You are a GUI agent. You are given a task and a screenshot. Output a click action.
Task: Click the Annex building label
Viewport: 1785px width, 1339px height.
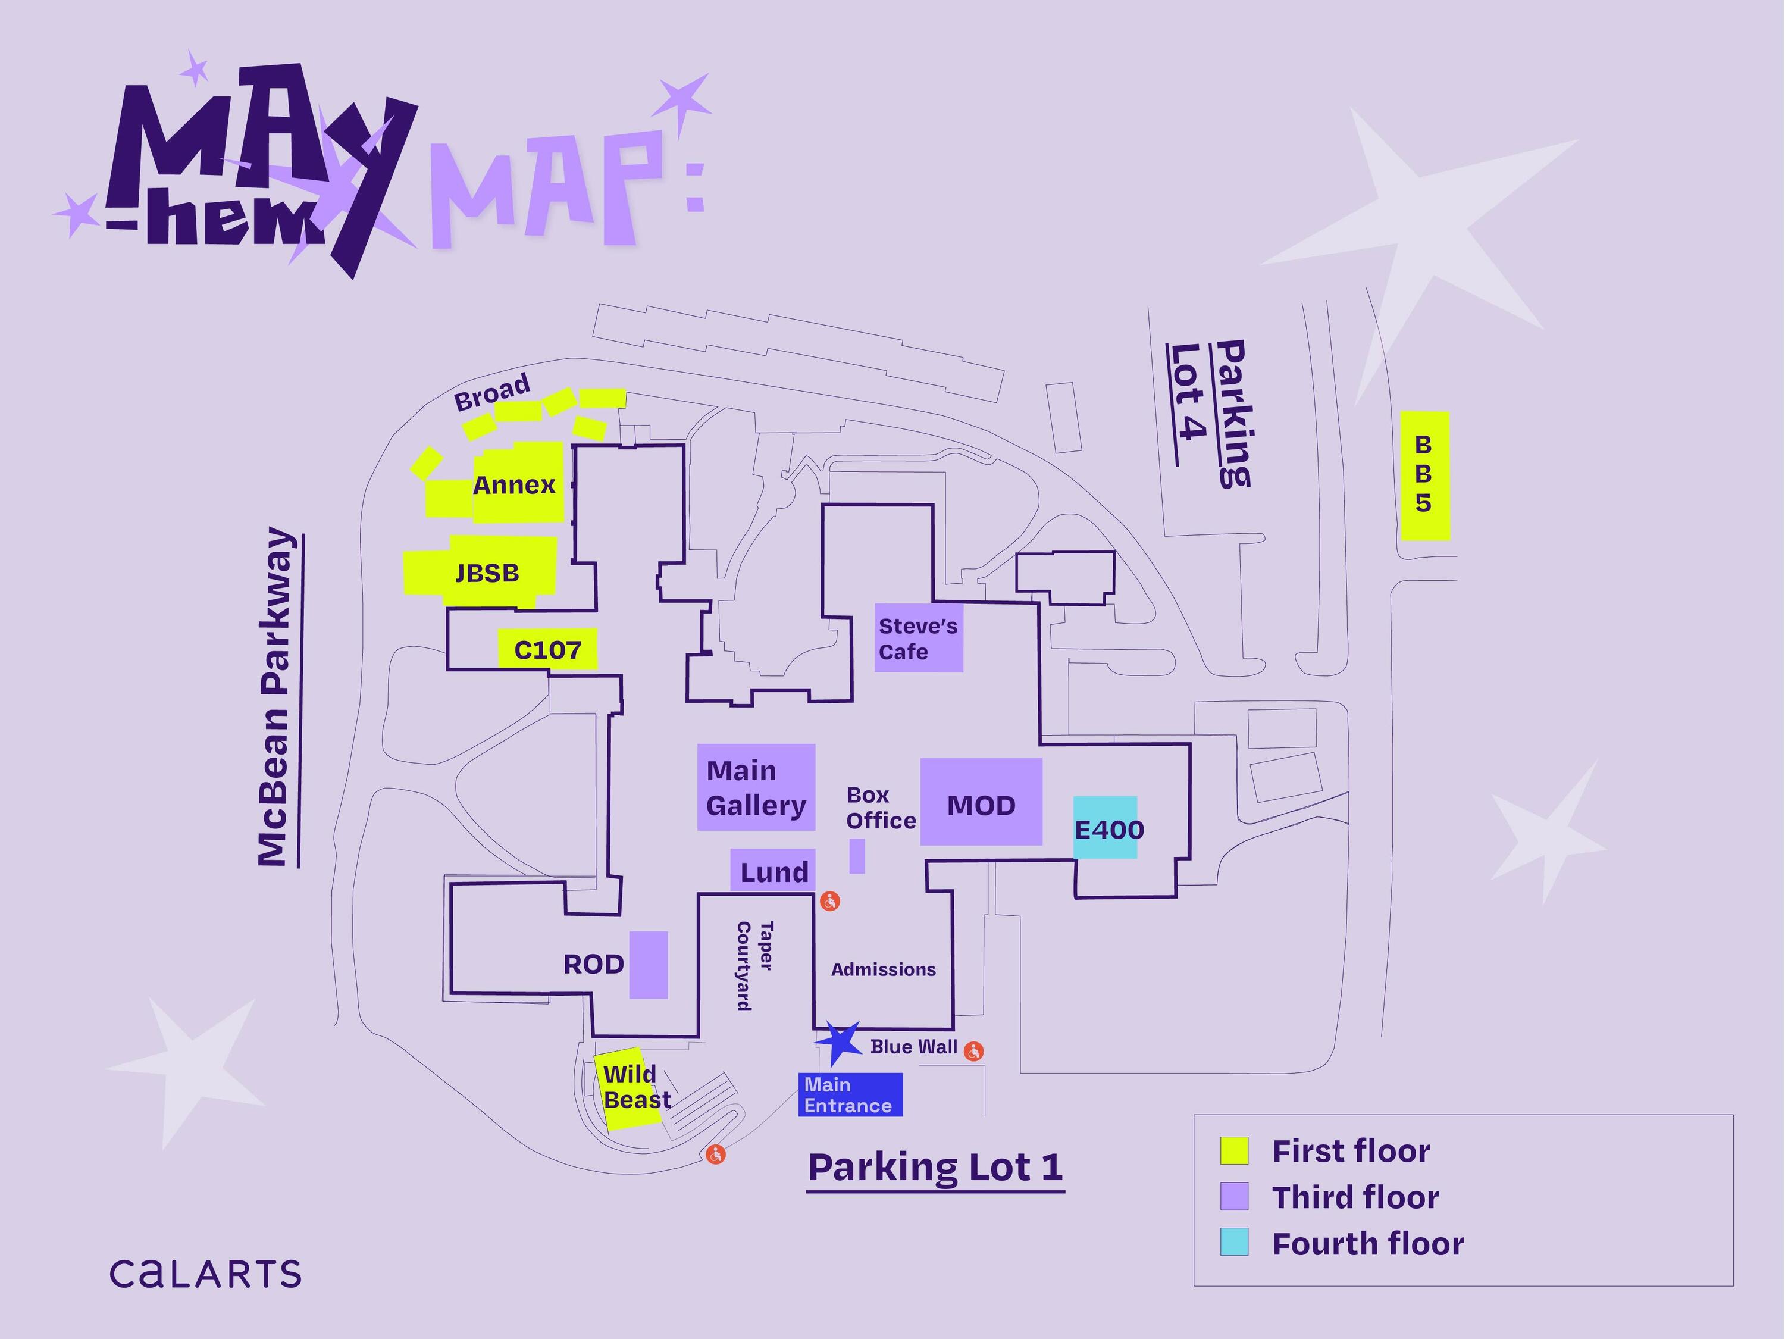[514, 485]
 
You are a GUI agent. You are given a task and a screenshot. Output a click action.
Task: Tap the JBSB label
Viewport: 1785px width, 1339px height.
[487, 573]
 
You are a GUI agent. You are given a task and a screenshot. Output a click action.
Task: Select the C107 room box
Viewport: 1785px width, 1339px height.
[547, 649]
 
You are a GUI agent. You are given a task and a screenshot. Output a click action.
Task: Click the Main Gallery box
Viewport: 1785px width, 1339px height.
[756, 787]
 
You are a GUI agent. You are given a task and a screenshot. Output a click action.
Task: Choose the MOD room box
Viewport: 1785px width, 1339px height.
[981, 802]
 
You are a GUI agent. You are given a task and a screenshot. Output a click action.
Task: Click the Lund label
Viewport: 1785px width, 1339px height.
[775, 872]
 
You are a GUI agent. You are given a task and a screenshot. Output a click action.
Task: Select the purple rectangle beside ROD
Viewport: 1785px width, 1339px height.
[649, 965]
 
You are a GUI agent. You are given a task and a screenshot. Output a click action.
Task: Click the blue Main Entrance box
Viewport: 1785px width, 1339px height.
[850, 1095]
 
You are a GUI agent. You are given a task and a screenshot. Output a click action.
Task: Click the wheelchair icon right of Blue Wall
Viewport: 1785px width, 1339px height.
[974, 1051]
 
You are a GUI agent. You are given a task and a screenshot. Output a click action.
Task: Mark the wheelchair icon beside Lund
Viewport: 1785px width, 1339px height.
[829, 902]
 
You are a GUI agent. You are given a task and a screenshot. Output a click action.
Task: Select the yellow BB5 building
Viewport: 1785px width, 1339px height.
[1425, 476]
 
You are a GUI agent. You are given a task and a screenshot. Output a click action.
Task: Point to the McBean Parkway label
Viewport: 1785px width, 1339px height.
[274, 698]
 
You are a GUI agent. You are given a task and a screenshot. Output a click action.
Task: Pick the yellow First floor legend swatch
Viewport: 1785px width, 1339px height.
[1234, 1151]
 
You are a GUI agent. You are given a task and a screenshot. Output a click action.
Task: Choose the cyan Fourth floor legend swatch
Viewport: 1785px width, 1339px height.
[1234, 1242]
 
